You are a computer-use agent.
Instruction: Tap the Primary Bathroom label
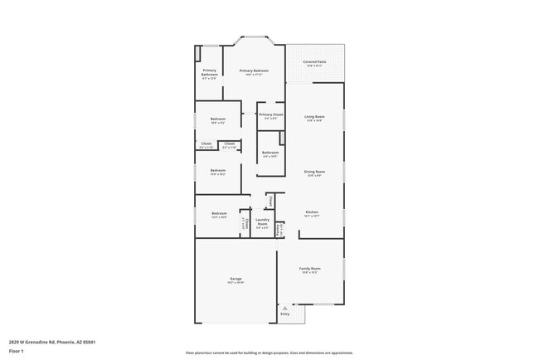[x=209, y=73]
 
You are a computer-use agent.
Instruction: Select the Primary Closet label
[x=270, y=114]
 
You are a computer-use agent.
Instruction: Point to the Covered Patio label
[x=314, y=62]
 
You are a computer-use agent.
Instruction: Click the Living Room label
[x=314, y=116]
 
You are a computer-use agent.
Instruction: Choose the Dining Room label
[x=314, y=172]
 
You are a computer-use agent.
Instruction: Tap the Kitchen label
[x=312, y=212]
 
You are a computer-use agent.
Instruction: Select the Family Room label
[x=310, y=269]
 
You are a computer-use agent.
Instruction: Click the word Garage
[x=236, y=280]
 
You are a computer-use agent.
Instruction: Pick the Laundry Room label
[x=262, y=222]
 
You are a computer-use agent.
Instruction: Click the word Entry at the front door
[x=285, y=314]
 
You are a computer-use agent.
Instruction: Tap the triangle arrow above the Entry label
[x=285, y=308]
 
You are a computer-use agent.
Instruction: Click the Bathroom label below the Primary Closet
[x=270, y=153]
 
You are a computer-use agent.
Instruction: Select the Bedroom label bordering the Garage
[x=218, y=213]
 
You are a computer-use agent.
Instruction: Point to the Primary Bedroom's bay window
[x=255, y=38]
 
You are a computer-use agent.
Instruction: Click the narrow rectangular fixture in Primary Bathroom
[x=199, y=53]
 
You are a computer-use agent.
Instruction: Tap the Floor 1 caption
[x=17, y=351]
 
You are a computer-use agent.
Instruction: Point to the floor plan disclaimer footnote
[x=269, y=352]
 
